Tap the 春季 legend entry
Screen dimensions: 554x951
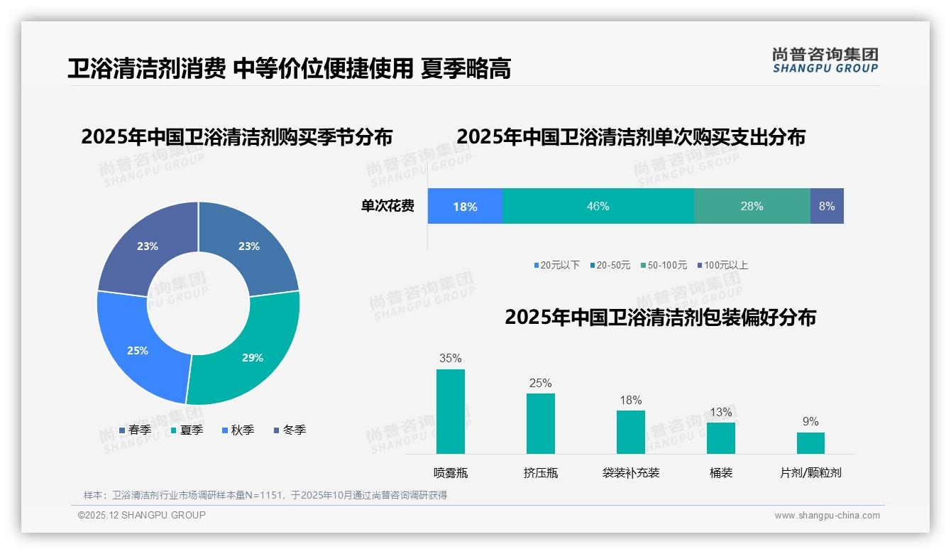[136, 430]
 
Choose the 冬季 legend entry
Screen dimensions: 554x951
[290, 430]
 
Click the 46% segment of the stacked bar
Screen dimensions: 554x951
[598, 206]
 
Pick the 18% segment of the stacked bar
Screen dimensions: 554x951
[465, 206]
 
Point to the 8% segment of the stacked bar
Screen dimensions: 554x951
[827, 206]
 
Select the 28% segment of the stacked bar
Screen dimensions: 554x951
[752, 206]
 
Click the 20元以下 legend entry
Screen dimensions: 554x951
[557, 266]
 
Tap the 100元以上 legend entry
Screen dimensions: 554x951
[722, 266]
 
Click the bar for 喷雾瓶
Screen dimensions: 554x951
[450, 411]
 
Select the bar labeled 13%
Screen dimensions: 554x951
[720, 438]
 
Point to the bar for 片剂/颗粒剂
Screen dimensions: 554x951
[810, 442]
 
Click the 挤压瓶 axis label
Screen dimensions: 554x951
[540, 473]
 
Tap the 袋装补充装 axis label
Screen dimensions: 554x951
[630, 473]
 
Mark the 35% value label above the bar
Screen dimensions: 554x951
[450, 359]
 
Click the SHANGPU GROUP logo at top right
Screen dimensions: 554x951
[825, 60]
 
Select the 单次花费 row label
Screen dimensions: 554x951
[387, 207]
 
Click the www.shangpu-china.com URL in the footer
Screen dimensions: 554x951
[827, 516]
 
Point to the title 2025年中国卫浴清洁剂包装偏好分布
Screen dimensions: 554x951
[660, 317]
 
